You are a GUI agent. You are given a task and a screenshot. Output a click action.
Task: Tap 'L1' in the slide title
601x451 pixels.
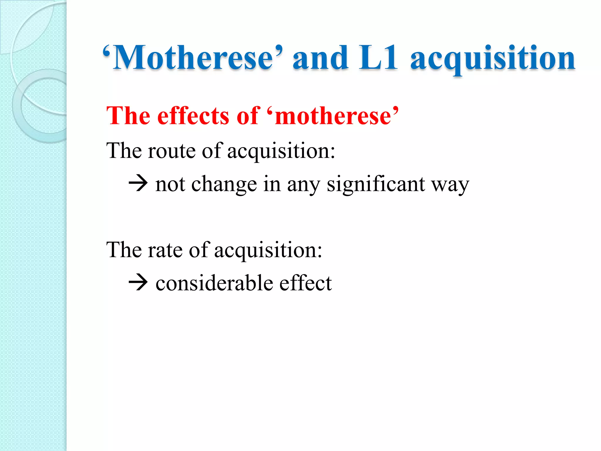click(x=379, y=58)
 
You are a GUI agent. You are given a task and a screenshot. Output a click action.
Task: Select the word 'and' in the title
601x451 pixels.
click(x=321, y=58)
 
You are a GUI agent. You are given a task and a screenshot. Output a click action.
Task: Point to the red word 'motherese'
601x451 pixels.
click(x=333, y=116)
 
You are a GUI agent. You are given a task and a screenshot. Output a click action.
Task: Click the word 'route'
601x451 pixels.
click(x=172, y=151)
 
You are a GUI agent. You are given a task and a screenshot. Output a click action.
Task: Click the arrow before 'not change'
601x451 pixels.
click(x=138, y=184)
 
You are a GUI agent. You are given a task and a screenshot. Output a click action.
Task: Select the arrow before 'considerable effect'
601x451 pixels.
click(x=138, y=283)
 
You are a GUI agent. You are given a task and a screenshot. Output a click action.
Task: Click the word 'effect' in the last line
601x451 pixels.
click(x=305, y=283)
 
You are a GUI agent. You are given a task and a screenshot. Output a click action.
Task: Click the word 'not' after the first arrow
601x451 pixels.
click(x=170, y=184)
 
